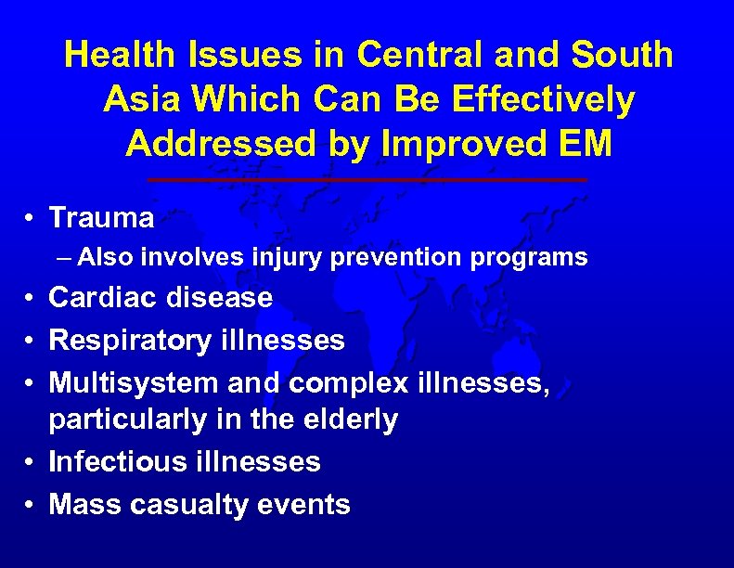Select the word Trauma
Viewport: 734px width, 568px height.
[x=101, y=218]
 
